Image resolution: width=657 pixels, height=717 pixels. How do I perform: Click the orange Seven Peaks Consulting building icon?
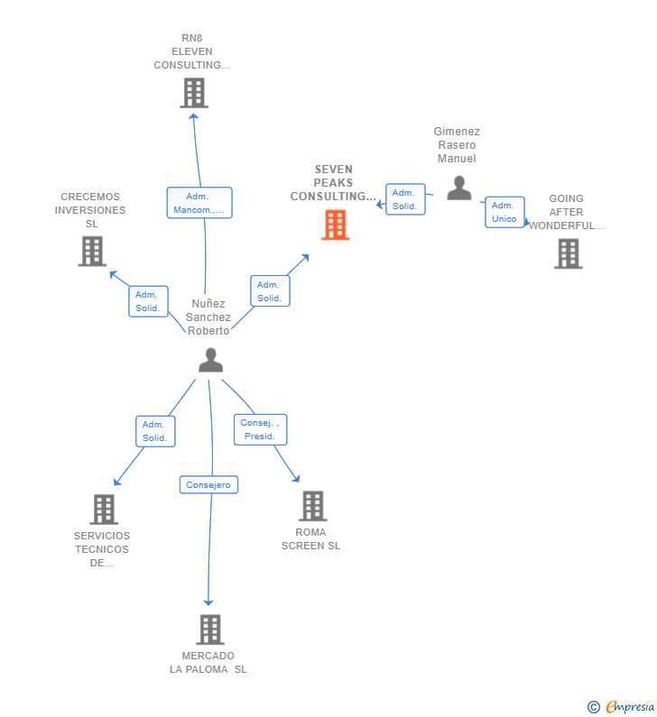(335, 225)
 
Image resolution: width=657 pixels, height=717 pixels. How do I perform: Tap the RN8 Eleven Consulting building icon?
(193, 93)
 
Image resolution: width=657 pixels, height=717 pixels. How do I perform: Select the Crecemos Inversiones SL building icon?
(92, 252)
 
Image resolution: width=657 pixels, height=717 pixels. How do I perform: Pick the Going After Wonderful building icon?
(568, 254)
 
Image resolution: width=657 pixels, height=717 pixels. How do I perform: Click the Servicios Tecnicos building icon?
(104, 510)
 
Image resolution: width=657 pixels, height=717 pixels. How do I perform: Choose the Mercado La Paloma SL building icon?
(209, 630)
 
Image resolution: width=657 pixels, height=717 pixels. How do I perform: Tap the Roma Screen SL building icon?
(312, 506)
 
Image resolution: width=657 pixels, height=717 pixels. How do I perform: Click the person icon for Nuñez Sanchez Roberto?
(210, 360)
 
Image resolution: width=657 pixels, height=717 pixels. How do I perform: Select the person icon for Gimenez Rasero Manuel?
(459, 188)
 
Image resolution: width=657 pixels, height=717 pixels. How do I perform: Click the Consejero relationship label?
(208, 485)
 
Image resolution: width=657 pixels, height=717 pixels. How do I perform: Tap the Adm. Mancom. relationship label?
(199, 203)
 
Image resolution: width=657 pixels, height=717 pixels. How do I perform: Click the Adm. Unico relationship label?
(504, 212)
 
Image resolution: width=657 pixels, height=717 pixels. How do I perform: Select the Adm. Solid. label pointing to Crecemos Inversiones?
(147, 301)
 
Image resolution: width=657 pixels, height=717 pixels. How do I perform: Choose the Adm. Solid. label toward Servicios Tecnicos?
(154, 431)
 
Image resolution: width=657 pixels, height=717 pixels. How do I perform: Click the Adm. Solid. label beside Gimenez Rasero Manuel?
(404, 199)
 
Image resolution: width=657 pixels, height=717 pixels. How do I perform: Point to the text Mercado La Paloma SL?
(208, 663)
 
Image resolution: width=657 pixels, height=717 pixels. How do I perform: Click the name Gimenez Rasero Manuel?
(457, 145)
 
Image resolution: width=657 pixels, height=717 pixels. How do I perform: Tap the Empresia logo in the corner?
(622, 707)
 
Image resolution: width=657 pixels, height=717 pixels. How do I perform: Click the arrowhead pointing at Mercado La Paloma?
(208, 602)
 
